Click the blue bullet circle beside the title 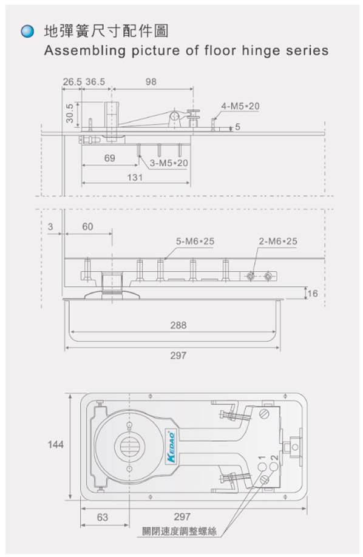click(x=27, y=32)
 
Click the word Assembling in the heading click(x=84, y=51)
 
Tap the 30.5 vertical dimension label click(x=70, y=113)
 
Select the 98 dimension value click(x=151, y=82)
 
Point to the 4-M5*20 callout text click(x=240, y=106)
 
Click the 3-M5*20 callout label click(x=169, y=163)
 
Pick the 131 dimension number click(x=135, y=177)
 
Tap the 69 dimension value click(x=110, y=158)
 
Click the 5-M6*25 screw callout click(x=195, y=241)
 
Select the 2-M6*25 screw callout click(x=278, y=241)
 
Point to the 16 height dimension click(x=313, y=294)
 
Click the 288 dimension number click(x=178, y=325)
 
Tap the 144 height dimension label click(x=55, y=444)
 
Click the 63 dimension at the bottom click(x=103, y=517)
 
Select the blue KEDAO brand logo click(x=171, y=447)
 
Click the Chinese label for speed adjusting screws click(x=179, y=532)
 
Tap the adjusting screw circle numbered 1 click(x=262, y=467)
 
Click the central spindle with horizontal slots click(x=129, y=446)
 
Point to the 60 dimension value click(x=87, y=227)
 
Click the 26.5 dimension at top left click(x=72, y=82)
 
